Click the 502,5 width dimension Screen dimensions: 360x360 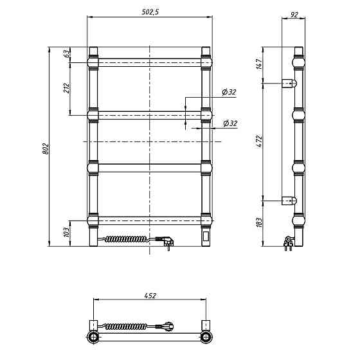coord(150,12)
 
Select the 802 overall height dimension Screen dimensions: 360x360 coord(46,148)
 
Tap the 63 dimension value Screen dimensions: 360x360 coord(66,53)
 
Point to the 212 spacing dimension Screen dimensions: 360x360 coord(66,87)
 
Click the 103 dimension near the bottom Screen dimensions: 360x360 coord(66,232)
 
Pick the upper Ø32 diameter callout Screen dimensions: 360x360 coord(229,92)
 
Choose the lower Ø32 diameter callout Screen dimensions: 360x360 coord(230,123)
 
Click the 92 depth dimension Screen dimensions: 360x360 coord(294,15)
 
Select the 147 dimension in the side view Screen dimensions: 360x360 coord(259,64)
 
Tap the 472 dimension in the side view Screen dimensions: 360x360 coord(259,141)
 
